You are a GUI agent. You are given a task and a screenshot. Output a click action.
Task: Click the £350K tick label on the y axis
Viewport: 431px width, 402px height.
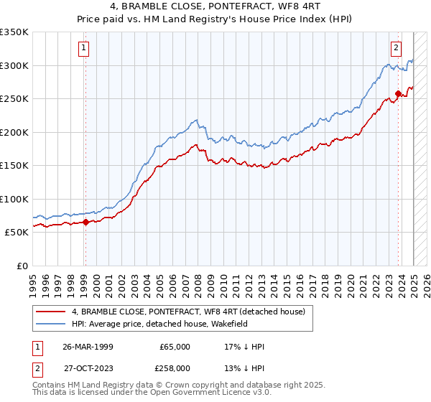pos(14,32)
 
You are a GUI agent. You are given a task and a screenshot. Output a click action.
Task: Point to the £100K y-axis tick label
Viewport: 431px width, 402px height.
pos(14,199)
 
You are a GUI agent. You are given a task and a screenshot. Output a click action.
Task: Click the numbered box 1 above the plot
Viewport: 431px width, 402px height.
pos(84,48)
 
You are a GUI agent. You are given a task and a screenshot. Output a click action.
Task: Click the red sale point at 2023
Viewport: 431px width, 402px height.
pos(398,93)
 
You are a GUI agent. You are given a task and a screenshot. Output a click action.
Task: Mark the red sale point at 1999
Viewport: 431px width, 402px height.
pos(85,222)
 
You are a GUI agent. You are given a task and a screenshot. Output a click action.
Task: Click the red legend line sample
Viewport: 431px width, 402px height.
pos(50,312)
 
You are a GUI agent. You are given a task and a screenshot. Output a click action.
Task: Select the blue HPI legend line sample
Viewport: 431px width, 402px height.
pos(50,324)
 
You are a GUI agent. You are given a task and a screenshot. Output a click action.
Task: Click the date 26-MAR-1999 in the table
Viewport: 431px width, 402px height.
pos(89,347)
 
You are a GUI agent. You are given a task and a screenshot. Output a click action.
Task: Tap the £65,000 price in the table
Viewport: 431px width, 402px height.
pos(175,347)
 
